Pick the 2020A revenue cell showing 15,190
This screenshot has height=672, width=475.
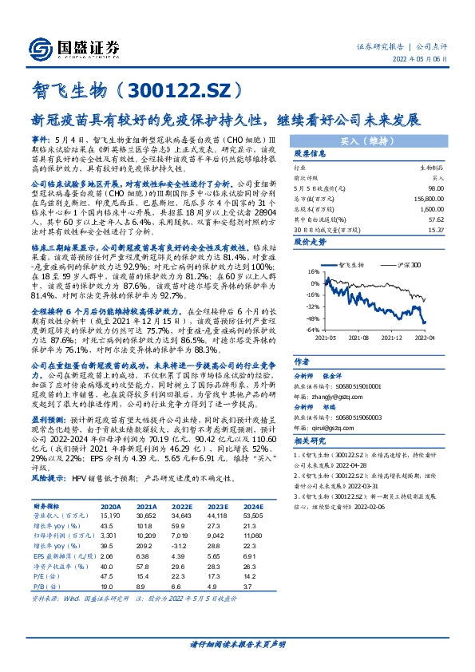coord(111,516)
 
